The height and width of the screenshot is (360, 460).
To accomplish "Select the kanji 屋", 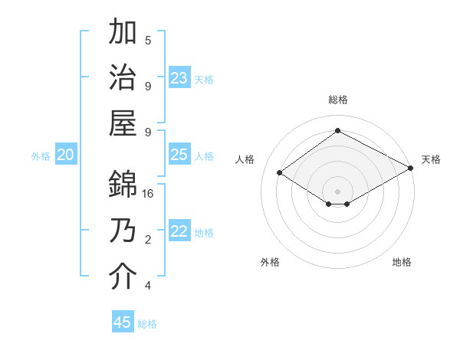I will [123, 124].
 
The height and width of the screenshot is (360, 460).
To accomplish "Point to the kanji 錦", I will [123, 184].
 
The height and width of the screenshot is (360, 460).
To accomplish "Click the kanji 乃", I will [123, 231].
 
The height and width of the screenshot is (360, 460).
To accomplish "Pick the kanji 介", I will [123, 277].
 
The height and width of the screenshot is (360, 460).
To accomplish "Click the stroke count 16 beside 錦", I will [148, 194].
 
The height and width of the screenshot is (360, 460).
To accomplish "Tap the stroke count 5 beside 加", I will [148, 40].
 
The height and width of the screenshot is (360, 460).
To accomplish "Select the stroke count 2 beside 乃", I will [148, 240].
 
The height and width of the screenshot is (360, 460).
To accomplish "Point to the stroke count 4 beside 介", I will [148, 286].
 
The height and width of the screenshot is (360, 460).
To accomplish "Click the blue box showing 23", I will [179, 78].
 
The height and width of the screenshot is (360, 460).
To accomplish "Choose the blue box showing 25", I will [179, 155].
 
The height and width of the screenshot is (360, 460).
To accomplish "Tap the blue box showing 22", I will [179, 231].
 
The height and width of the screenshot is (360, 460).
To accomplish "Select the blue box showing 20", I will [65, 155].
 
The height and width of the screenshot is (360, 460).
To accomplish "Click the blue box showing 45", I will [123, 322].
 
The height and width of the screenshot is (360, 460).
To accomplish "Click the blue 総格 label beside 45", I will [147, 324].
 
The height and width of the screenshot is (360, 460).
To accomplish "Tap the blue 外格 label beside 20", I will [41, 156].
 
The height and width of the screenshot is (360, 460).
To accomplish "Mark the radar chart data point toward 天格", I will [411, 170].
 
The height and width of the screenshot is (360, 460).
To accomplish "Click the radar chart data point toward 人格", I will [280, 173].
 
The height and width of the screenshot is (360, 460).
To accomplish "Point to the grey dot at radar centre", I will [337, 190].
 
